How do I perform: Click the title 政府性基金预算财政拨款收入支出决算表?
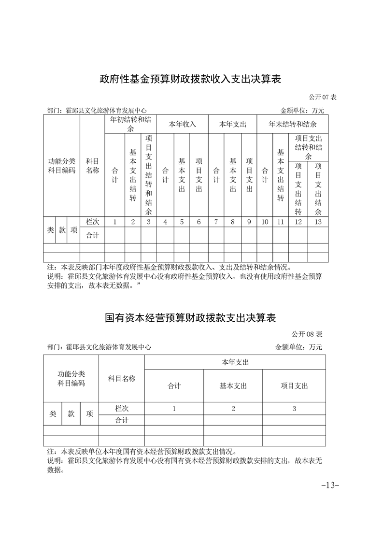coord(190,79)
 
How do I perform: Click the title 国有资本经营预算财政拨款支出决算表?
coord(190,318)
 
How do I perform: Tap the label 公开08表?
coord(306,334)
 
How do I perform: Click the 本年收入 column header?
coord(182,124)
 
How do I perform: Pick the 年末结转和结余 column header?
coord(293,124)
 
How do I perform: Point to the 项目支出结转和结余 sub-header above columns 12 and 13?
coord(308,147)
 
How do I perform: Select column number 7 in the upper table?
coord(216,222)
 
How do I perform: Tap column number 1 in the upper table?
coord(114,222)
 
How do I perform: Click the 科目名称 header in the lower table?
coord(121,379)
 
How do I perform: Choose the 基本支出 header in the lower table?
coord(233,385)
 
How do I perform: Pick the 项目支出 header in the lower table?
coord(294,385)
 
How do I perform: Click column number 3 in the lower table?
coord(294,409)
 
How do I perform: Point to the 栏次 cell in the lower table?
coord(121,408)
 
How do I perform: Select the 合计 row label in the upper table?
coord(92,235)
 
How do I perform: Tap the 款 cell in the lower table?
coord(71,414)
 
